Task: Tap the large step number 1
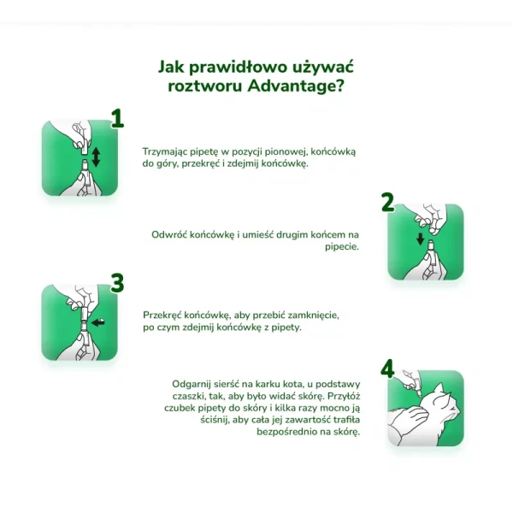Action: click(x=117, y=119)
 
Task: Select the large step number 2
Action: click(x=387, y=202)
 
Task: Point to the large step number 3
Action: click(x=117, y=283)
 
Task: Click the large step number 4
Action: click(x=387, y=369)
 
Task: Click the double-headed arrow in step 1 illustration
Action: click(x=96, y=157)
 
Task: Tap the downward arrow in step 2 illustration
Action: click(x=421, y=239)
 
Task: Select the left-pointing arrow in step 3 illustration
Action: click(x=97, y=323)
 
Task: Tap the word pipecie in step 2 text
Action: click(x=342, y=247)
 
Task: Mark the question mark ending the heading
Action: click(x=339, y=85)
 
